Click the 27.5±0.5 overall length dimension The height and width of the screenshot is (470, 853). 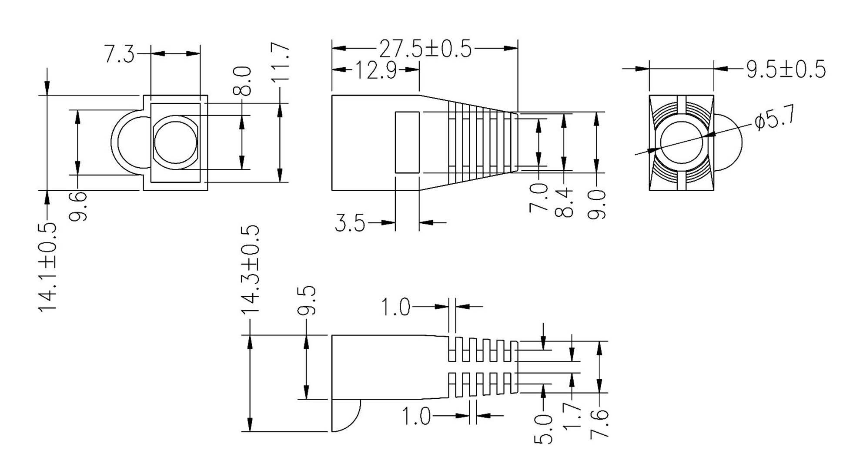coord(425,48)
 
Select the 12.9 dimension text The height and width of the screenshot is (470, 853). coord(376,70)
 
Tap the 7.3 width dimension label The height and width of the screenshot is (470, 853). coord(120,54)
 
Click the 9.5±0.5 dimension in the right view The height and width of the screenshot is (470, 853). coord(786,69)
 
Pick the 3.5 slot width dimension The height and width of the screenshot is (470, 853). coord(350,223)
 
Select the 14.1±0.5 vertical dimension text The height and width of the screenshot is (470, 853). coord(47,266)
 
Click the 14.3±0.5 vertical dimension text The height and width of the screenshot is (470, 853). coord(250,268)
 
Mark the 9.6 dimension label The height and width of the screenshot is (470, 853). coord(78,207)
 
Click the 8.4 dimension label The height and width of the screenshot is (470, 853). coord(564,202)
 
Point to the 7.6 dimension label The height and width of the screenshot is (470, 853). coord(599,423)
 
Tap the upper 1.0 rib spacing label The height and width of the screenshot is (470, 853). coord(395,307)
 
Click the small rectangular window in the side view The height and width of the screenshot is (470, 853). coord(407,142)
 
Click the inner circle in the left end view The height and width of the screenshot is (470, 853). coord(175,142)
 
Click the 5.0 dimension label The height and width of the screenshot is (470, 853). coord(543,429)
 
